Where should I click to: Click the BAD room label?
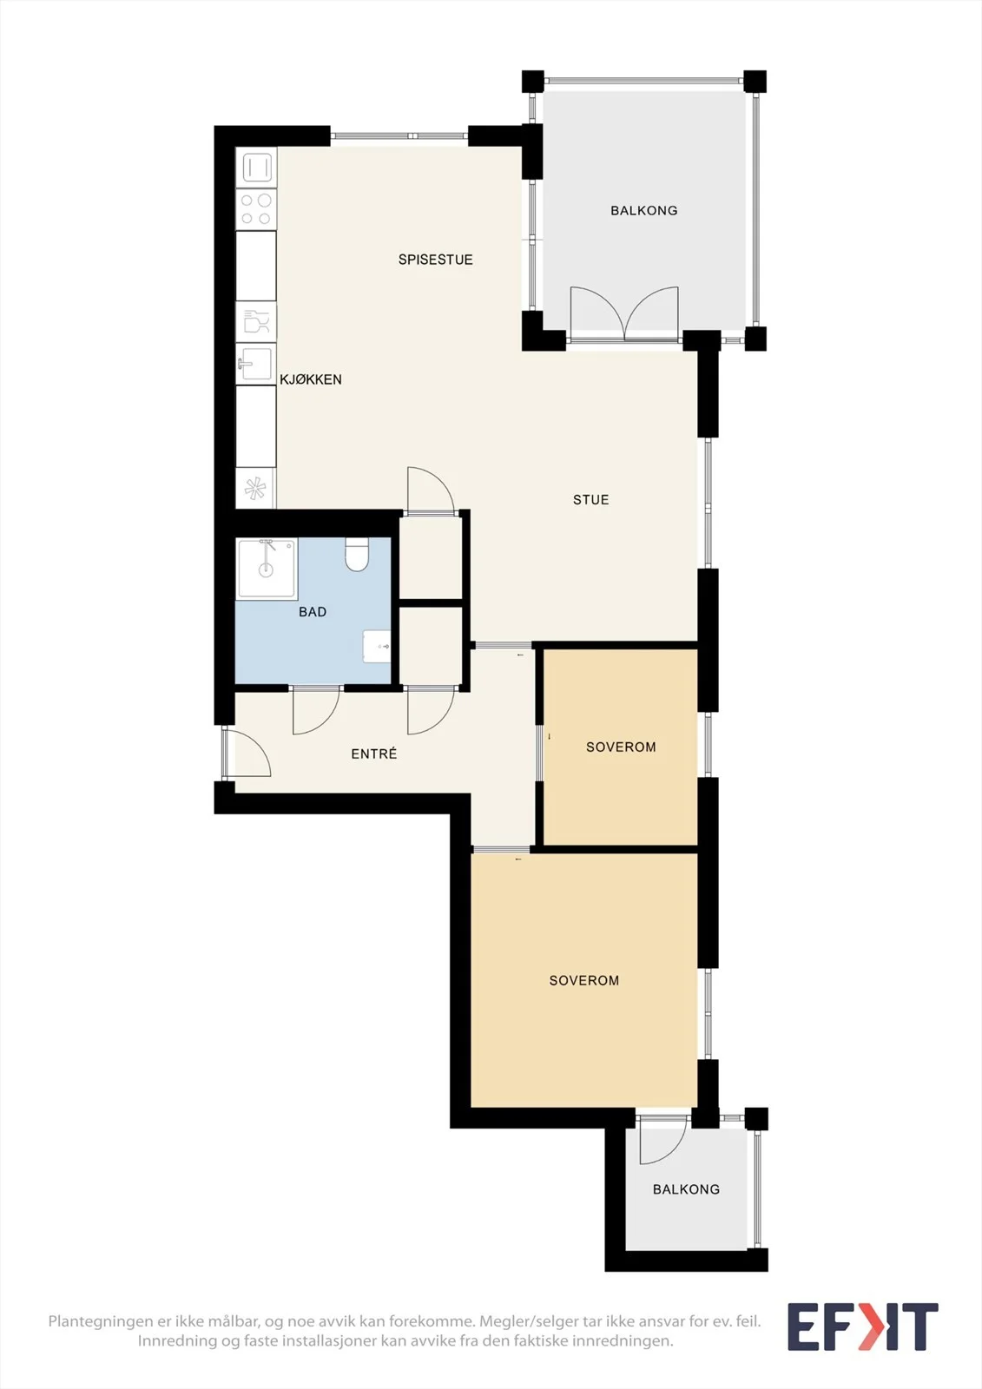(312, 612)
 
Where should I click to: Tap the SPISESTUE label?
(436, 260)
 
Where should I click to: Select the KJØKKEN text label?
(311, 379)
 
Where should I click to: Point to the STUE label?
(590, 500)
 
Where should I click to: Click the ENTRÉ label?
(374, 754)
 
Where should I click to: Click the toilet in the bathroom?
(357, 555)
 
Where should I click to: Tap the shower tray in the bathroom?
(267, 568)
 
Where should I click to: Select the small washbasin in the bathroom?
(377, 646)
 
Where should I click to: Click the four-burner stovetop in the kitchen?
(256, 209)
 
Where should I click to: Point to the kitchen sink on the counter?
(255, 364)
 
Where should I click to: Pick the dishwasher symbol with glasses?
(256, 322)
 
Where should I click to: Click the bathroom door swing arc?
(316, 711)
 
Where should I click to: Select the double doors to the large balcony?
(624, 313)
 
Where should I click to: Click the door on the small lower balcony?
(663, 1140)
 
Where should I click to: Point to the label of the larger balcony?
(644, 211)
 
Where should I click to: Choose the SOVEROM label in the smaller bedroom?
(621, 747)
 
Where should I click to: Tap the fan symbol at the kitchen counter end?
(255, 489)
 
